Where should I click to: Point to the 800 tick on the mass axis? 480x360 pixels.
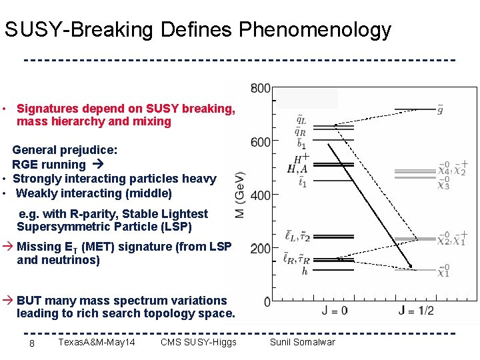[261, 88]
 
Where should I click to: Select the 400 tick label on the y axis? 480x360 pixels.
[261, 195]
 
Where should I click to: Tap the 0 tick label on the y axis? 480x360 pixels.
[267, 302]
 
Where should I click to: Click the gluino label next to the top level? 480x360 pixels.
[440, 109]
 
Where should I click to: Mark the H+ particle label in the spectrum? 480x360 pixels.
[301, 159]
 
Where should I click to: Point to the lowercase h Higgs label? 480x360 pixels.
[304, 271]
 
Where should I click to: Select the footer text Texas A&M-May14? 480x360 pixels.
[97, 343]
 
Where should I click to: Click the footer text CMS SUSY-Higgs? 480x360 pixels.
[199, 343]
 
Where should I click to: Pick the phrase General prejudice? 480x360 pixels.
[65, 150]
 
